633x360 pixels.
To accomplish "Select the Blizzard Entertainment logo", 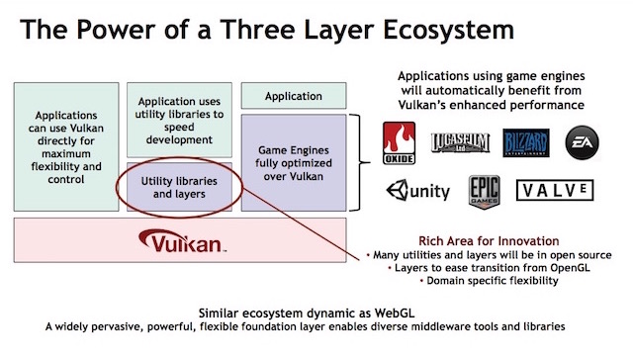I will point(524,143).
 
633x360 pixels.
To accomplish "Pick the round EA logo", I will point(580,143).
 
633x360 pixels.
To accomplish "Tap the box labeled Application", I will point(294,96).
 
